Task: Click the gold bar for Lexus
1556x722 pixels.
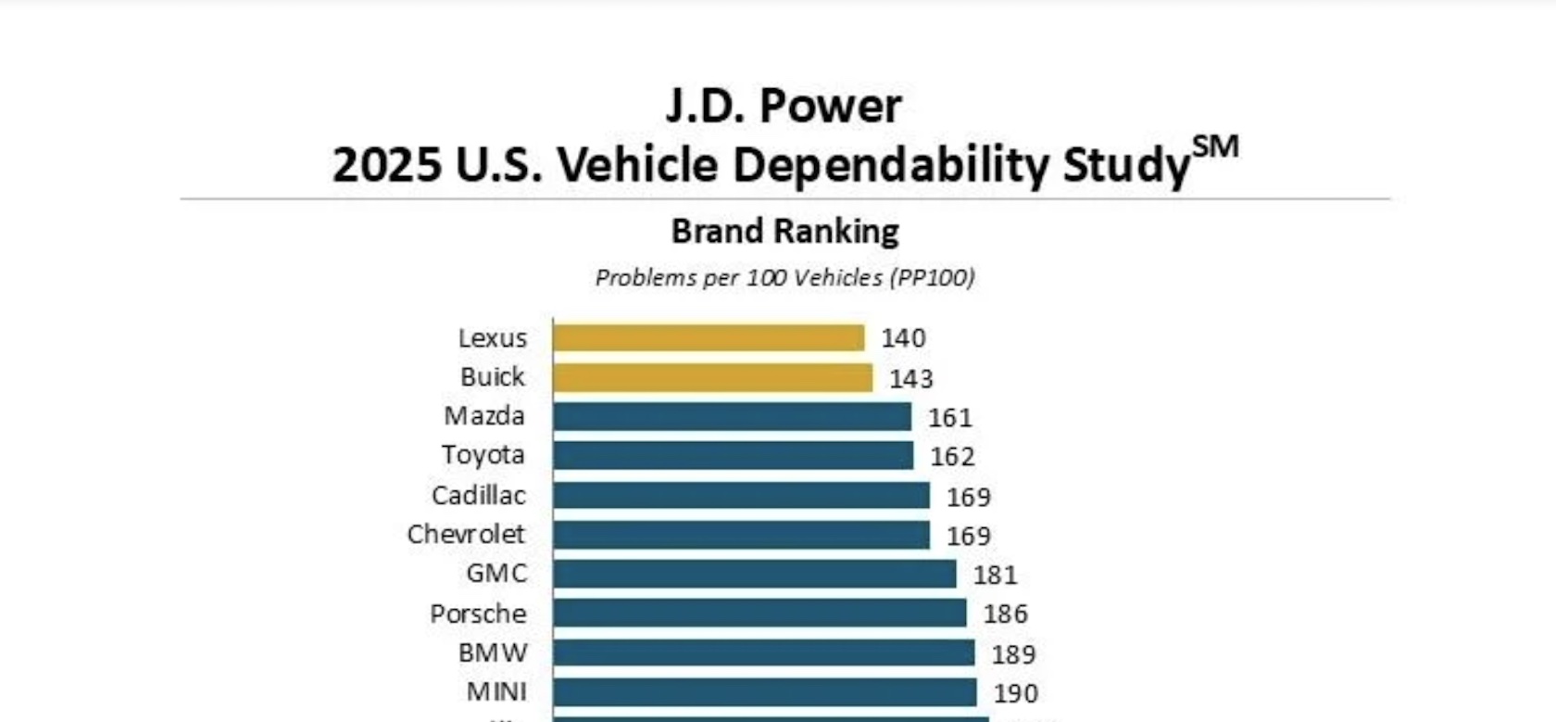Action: [x=709, y=337]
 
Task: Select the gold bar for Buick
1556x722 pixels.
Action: [x=712, y=377]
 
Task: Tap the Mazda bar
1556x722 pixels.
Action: [x=732, y=416]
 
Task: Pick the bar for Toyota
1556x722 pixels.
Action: [x=733, y=455]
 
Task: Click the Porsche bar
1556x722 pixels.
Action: [x=759, y=613]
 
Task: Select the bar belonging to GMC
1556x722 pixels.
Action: [x=754, y=574]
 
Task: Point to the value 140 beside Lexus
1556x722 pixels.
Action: [x=903, y=338]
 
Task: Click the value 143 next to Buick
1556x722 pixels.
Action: [x=911, y=378]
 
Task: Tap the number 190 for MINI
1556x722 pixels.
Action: [x=1016, y=692]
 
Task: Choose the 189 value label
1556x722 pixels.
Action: [x=1013, y=653]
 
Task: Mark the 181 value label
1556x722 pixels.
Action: [x=995, y=575]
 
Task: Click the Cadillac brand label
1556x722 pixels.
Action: [x=478, y=495]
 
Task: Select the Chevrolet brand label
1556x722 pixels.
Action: [x=466, y=534]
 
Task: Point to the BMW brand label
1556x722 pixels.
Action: [x=492, y=652]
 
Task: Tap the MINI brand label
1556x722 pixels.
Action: [x=496, y=691]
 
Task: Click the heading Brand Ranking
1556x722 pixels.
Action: [x=784, y=231]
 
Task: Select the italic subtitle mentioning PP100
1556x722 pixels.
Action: [x=784, y=277]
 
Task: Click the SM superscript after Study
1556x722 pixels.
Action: [x=1214, y=146]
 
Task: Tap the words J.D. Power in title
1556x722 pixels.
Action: [x=784, y=106]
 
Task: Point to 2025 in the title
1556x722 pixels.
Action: [x=386, y=165]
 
